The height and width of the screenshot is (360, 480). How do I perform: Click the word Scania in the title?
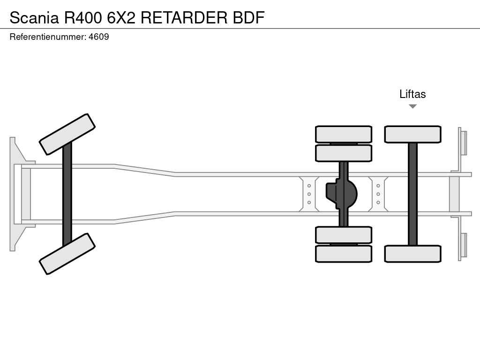34,17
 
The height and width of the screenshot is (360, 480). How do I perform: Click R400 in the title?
83,17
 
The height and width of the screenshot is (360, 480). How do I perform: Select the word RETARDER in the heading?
185,17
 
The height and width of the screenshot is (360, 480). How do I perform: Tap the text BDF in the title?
249,17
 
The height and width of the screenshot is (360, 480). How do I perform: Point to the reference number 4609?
99,37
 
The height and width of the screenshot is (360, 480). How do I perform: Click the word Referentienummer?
47,37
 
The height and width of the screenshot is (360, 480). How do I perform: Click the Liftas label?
412,94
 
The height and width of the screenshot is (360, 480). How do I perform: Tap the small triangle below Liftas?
412,106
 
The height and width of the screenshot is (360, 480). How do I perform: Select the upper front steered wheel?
67,134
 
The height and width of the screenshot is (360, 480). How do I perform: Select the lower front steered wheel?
67,254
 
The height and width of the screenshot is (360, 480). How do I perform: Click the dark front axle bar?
67,194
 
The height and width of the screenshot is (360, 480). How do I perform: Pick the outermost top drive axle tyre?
344,134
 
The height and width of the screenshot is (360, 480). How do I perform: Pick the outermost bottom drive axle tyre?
344,254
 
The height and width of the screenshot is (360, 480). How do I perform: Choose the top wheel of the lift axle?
412,134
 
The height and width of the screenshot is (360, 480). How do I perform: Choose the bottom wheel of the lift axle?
412,254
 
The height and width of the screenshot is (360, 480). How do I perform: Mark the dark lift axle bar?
412,194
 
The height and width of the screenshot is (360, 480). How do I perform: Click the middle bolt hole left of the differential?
309,194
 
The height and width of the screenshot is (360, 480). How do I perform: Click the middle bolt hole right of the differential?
378,194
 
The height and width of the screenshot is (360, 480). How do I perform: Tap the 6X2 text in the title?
121,17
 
